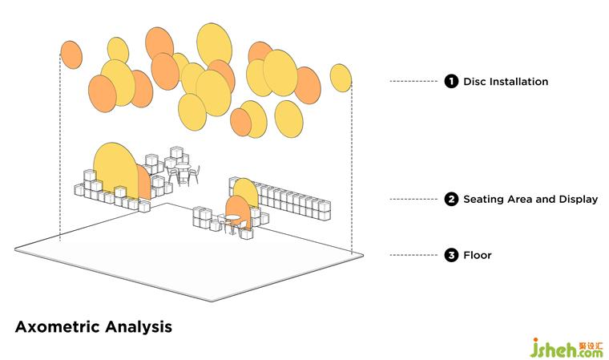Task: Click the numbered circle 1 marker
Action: tap(451, 82)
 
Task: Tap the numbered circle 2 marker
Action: tap(451, 199)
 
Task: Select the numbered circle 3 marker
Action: tap(451, 256)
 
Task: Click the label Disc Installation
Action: tap(506, 82)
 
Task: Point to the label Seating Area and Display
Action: tap(530, 199)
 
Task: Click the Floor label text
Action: tap(478, 256)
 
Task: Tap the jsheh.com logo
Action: tap(564, 346)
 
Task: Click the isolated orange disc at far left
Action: tap(71, 55)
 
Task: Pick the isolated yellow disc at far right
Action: tap(341, 78)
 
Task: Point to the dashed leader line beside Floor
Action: tap(414, 256)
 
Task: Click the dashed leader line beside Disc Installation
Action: tap(414, 82)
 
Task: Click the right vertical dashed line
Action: tap(353, 168)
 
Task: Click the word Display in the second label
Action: tap(579, 199)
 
